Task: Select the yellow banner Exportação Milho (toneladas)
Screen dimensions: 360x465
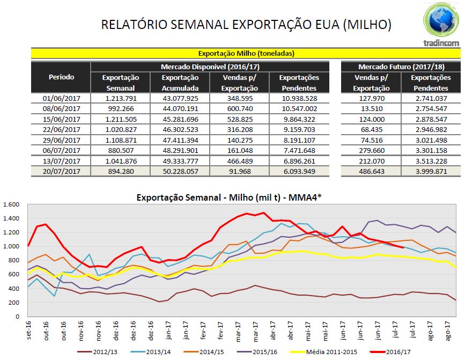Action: pyautogui.click(x=246, y=53)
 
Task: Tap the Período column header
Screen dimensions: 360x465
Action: pyautogui.click(x=61, y=77)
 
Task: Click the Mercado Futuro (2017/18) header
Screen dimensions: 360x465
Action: pyautogui.click(x=400, y=67)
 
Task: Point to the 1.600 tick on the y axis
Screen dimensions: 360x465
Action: pyautogui.click(x=11, y=204)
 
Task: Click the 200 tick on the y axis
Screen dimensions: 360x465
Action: pyautogui.click(x=15, y=303)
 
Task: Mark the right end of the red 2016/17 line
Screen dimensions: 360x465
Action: pyautogui.click(x=403, y=247)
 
